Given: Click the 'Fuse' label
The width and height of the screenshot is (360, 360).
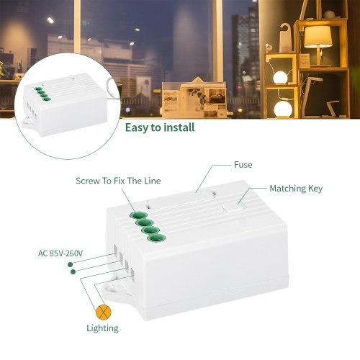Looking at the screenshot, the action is [243, 165].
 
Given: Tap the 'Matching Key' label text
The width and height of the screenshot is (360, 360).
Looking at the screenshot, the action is [296, 189].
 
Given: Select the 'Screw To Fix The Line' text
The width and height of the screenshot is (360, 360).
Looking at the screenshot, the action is [118, 181].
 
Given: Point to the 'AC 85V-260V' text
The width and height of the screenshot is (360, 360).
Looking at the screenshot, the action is [60, 253].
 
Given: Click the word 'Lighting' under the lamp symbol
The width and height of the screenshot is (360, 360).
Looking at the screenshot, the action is [102, 328].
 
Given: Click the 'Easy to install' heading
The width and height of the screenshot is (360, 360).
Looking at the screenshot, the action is [160, 127].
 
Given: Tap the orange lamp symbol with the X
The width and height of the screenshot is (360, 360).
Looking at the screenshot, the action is [104, 312].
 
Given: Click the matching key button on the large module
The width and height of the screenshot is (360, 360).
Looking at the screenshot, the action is [233, 207].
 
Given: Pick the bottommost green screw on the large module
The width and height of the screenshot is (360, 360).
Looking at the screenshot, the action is [157, 238].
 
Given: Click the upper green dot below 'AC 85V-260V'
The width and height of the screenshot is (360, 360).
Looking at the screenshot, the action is [70, 264].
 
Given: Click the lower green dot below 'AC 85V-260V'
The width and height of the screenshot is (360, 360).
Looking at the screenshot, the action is [73, 271].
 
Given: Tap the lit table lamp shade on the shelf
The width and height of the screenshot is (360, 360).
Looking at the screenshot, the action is [318, 37].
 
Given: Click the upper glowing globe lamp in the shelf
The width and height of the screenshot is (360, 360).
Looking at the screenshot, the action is [280, 78].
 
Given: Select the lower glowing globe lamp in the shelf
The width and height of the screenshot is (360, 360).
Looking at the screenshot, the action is [283, 109].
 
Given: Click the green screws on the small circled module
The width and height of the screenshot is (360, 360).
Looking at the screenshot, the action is [41, 94].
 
